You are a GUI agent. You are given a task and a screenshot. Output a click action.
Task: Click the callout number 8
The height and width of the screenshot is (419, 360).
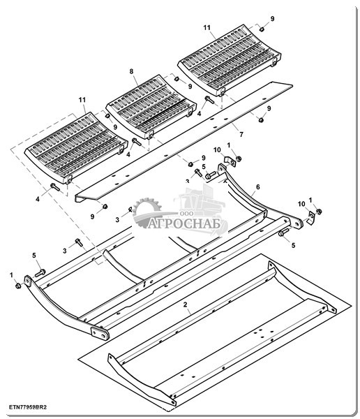131,71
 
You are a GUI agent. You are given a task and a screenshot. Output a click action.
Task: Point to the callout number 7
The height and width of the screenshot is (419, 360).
241,134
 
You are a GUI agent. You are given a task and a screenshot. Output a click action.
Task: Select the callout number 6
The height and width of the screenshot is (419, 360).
257,187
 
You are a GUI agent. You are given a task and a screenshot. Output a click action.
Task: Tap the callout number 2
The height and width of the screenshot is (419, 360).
185,304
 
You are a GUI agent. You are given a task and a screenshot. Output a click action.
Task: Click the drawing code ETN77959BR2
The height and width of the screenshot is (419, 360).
28,407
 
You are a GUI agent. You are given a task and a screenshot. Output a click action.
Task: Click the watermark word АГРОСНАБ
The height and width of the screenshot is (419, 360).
184,223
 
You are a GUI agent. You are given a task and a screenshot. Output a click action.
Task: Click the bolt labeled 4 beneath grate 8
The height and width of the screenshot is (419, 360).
137,142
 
